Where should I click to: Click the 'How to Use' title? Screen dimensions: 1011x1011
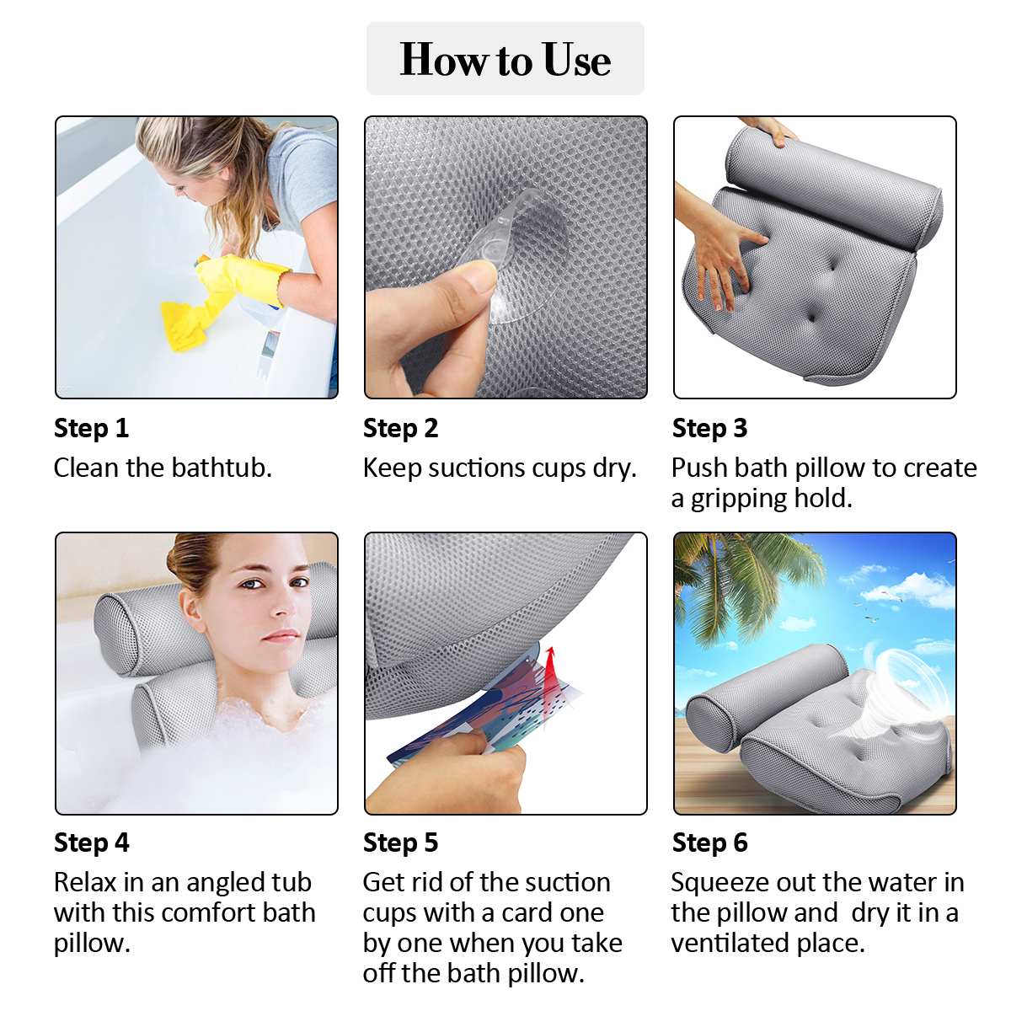(505, 59)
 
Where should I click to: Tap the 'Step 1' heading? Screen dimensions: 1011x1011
(91, 428)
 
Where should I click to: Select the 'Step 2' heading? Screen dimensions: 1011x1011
(400, 428)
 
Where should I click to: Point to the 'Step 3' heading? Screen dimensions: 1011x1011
(709, 428)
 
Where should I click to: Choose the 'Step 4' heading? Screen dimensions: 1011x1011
(91, 842)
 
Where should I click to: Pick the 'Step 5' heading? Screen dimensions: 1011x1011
(400, 842)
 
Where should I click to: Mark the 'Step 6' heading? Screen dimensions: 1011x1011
(709, 842)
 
